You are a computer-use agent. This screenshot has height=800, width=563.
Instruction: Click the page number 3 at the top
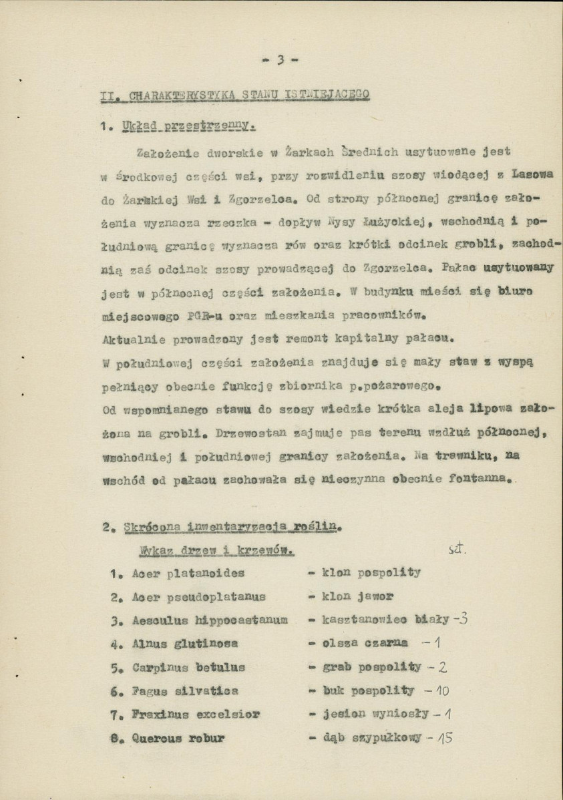281,59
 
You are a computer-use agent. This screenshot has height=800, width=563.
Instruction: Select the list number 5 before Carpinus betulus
114,668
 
